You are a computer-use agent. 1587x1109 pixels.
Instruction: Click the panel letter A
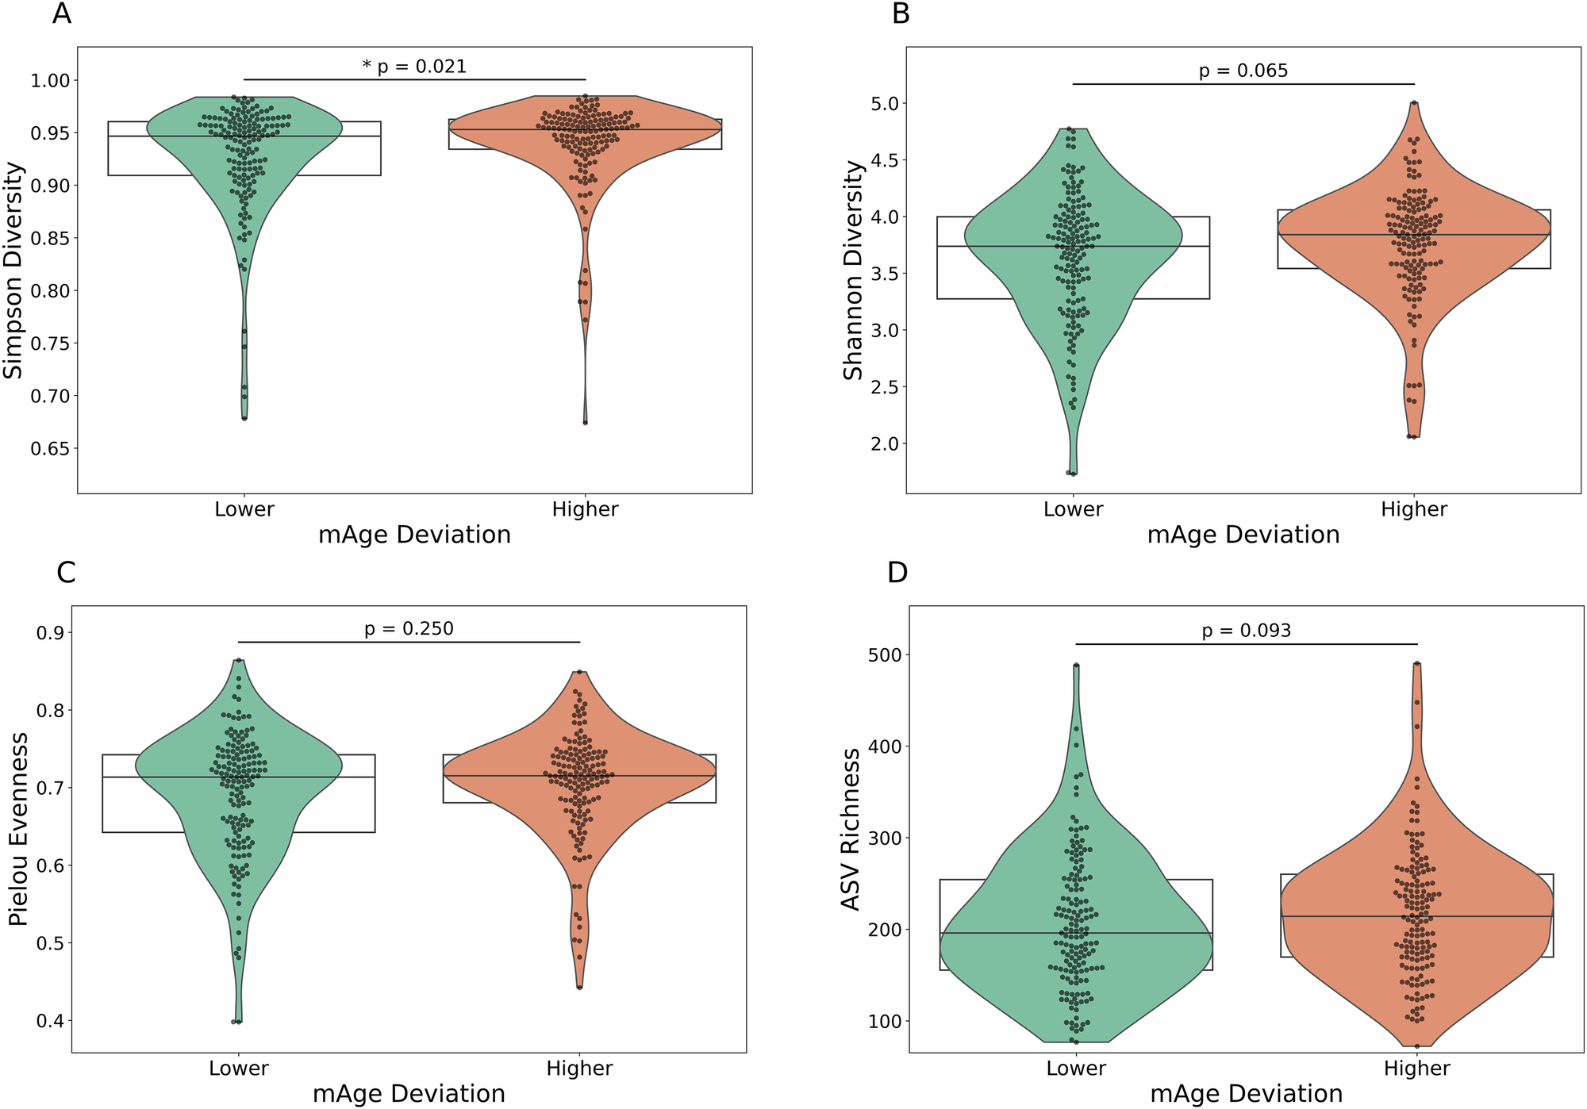pos(61,13)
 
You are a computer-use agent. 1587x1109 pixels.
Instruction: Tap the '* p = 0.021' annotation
pos(414,66)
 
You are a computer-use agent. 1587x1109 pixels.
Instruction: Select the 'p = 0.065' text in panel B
pos(1243,71)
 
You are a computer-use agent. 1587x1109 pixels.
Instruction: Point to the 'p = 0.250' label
pos(409,628)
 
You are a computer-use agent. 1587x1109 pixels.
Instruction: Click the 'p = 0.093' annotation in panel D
pos(1246,630)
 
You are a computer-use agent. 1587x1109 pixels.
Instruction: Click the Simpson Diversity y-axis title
pos(13,271)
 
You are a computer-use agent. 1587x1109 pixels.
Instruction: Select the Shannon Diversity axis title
pos(852,271)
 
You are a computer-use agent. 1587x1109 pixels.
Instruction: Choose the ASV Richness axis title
pos(851,829)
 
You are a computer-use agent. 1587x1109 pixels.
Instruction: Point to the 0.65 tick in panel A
pos(50,448)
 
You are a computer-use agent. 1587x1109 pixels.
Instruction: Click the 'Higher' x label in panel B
pos(1414,509)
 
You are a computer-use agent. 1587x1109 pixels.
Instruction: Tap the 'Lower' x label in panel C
pos(239,1069)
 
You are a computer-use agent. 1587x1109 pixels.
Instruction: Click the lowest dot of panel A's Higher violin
pos(586,423)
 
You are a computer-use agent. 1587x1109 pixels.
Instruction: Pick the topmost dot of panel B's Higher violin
pos(1414,103)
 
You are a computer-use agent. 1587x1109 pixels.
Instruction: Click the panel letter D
pos(897,572)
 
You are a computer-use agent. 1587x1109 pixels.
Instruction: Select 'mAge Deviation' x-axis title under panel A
pos(414,535)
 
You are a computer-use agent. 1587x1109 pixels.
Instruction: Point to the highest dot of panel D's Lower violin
pos(1076,666)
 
